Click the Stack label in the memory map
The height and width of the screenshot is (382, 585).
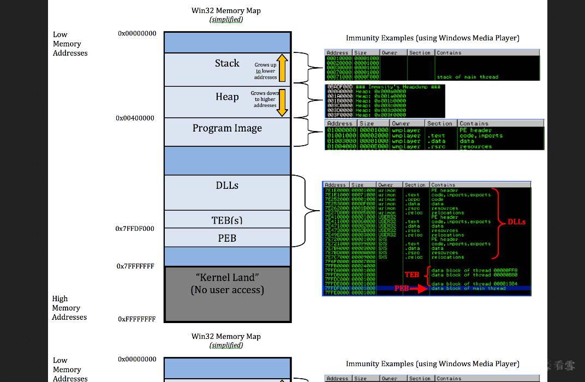coord(227,63)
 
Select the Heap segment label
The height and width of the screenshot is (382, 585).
coord(227,97)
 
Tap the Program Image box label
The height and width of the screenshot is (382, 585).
coord(227,128)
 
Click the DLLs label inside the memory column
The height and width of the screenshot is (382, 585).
coord(227,186)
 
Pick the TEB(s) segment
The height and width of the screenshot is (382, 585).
coord(227,220)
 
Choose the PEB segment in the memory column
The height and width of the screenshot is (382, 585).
coord(227,238)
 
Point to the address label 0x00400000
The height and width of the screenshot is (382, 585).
coord(135,118)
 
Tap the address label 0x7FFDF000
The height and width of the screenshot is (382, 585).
coord(135,229)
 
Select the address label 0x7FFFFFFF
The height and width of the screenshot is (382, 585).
coord(135,266)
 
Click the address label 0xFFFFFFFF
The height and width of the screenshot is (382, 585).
coord(136,319)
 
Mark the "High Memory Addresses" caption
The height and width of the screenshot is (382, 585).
coord(69,308)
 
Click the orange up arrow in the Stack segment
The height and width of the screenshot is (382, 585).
coord(282,68)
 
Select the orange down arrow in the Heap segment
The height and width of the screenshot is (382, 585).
coord(282,103)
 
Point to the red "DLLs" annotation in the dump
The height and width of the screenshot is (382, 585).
coord(516,222)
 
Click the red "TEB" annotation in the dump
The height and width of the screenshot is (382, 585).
coord(412,274)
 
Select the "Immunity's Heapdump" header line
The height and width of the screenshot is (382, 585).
coord(385,87)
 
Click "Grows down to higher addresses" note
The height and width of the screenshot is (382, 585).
coord(265,99)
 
